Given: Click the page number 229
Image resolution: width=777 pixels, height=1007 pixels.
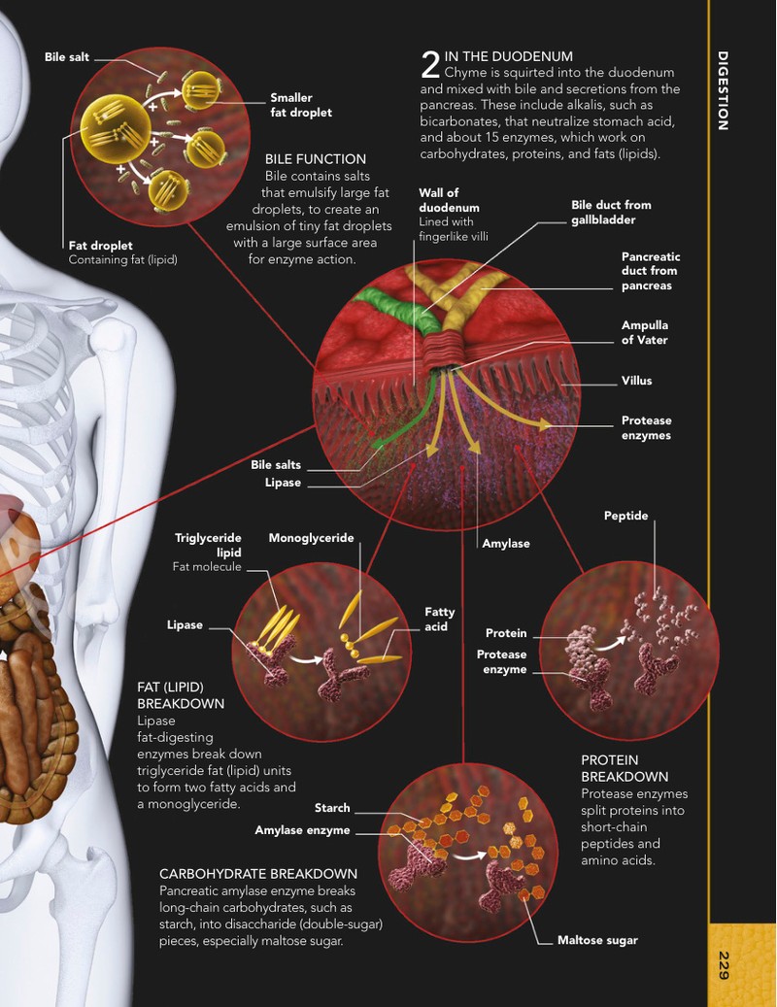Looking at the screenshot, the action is click(723, 964).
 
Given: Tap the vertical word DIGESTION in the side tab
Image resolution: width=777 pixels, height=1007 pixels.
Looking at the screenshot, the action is click(723, 90).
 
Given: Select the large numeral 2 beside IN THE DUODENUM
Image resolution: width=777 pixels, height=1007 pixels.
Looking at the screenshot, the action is click(430, 65).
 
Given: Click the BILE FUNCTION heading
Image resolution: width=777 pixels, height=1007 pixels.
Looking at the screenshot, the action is click(316, 159).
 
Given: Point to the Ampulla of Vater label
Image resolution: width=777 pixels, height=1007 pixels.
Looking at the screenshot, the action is click(645, 333).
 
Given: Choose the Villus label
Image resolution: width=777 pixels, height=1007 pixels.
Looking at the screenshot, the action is click(636, 381).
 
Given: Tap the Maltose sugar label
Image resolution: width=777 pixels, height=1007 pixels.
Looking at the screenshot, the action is click(597, 940).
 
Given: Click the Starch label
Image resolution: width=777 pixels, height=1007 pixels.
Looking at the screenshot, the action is click(332, 808).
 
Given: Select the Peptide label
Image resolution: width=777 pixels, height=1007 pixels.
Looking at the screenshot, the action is click(626, 516).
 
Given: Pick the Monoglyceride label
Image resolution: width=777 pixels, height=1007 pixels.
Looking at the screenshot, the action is click(311, 538).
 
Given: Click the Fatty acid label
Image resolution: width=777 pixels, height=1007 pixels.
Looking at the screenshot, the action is click(439, 620).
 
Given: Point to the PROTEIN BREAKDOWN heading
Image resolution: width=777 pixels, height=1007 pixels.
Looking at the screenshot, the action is click(625, 768).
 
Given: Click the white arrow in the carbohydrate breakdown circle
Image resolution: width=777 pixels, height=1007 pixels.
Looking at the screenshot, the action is click(469, 855).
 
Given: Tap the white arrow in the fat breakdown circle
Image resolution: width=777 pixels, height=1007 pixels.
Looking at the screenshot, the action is click(305, 659).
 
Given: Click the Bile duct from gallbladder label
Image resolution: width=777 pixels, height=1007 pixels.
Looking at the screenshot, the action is click(611, 213).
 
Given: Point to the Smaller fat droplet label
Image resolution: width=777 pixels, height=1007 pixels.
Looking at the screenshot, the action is click(301, 105).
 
